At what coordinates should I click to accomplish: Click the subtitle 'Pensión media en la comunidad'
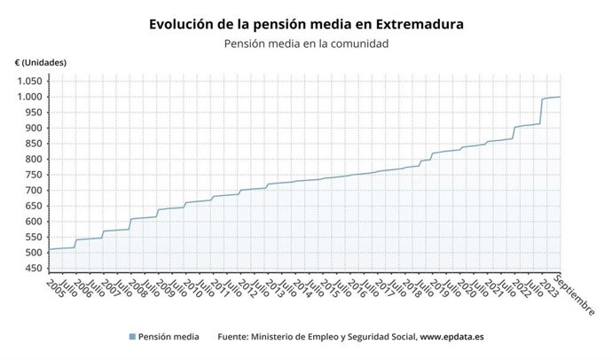(306, 43)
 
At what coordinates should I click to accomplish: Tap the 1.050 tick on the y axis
(27, 81)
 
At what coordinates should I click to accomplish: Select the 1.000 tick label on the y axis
(27, 97)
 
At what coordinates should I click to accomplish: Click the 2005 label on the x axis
(54, 289)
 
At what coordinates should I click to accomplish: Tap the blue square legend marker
(132, 337)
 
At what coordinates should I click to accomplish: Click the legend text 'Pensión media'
(169, 337)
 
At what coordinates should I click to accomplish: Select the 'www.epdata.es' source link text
(451, 337)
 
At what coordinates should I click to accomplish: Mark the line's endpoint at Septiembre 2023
(560, 97)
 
